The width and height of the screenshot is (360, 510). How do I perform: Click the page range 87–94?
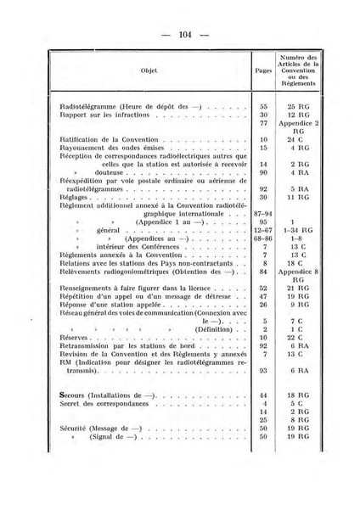pyautogui.click(x=264, y=212)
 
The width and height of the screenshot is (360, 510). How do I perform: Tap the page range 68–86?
pyautogui.click(x=264, y=239)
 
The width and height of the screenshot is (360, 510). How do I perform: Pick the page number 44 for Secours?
pyautogui.click(x=264, y=395)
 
